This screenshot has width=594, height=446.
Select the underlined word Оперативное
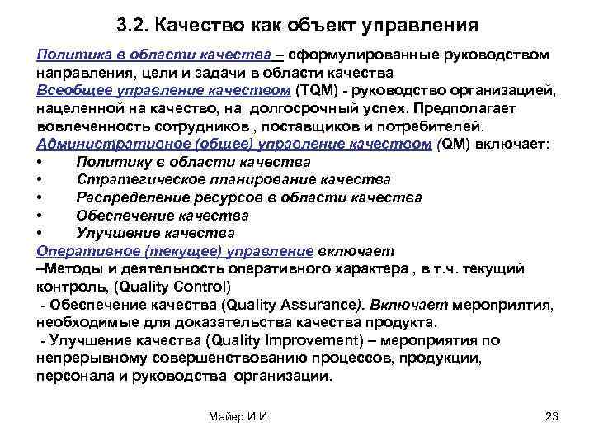tap(86, 251)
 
